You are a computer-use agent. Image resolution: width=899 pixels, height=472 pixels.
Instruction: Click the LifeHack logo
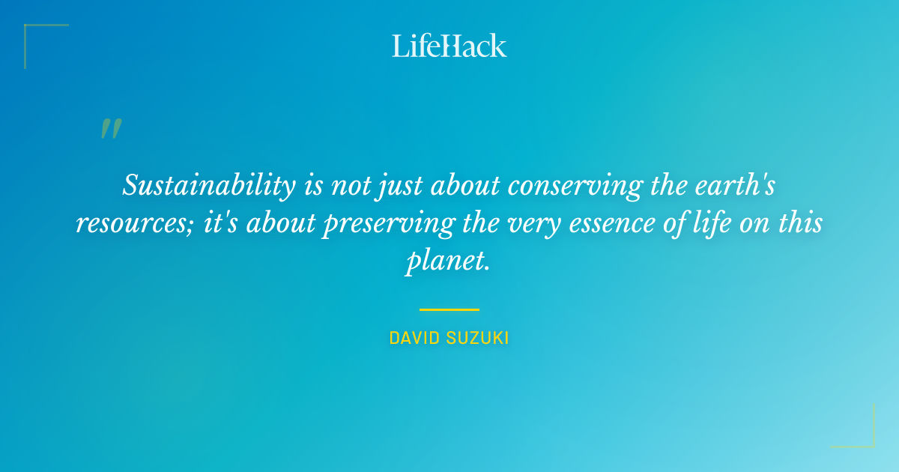point(449,46)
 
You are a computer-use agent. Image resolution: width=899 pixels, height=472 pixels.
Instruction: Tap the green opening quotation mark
point(111,129)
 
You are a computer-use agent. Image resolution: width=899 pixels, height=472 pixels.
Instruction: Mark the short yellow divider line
point(449,309)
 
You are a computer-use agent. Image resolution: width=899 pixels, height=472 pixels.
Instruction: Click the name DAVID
point(414,339)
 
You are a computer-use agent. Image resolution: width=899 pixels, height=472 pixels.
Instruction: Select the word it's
point(218,223)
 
